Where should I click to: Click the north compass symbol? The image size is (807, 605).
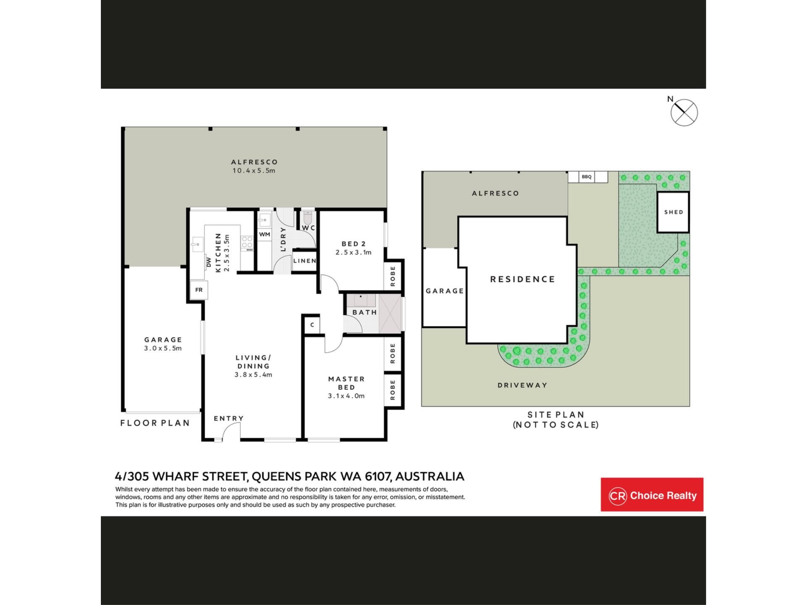(684, 113)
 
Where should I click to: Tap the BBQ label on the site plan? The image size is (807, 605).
(586, 177)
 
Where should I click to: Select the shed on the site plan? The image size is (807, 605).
(673, 212)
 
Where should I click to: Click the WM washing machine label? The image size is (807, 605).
(264, 234)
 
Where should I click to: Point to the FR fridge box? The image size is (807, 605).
(199, 290)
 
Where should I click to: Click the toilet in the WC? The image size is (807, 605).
(307, 218)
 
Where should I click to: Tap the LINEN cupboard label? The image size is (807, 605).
(304, 261)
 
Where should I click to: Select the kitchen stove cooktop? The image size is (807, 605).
(247, 243)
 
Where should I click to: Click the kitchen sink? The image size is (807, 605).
(197, 243)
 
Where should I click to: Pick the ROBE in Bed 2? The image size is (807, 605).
(393, 276)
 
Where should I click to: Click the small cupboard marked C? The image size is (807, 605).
(312, 325)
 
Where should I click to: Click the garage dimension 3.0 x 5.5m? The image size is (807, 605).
(163, 348)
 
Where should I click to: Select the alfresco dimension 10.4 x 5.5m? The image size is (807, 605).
(254, 171)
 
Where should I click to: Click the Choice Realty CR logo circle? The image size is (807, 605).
(617, 496)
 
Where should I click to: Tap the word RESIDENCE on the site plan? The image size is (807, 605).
(523, 279)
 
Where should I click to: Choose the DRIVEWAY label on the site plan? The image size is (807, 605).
(522, 385)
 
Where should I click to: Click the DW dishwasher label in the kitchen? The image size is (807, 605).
(209, 262)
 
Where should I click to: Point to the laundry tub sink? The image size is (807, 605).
(264, 220)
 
